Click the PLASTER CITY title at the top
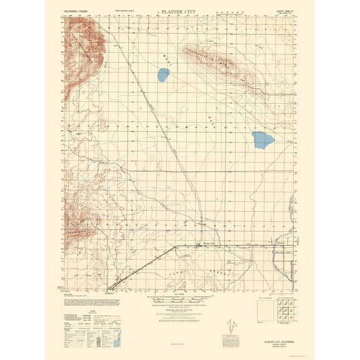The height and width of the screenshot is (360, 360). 180,11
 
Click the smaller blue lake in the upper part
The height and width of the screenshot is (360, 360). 163,77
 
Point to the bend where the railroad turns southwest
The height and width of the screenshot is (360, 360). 177,246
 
